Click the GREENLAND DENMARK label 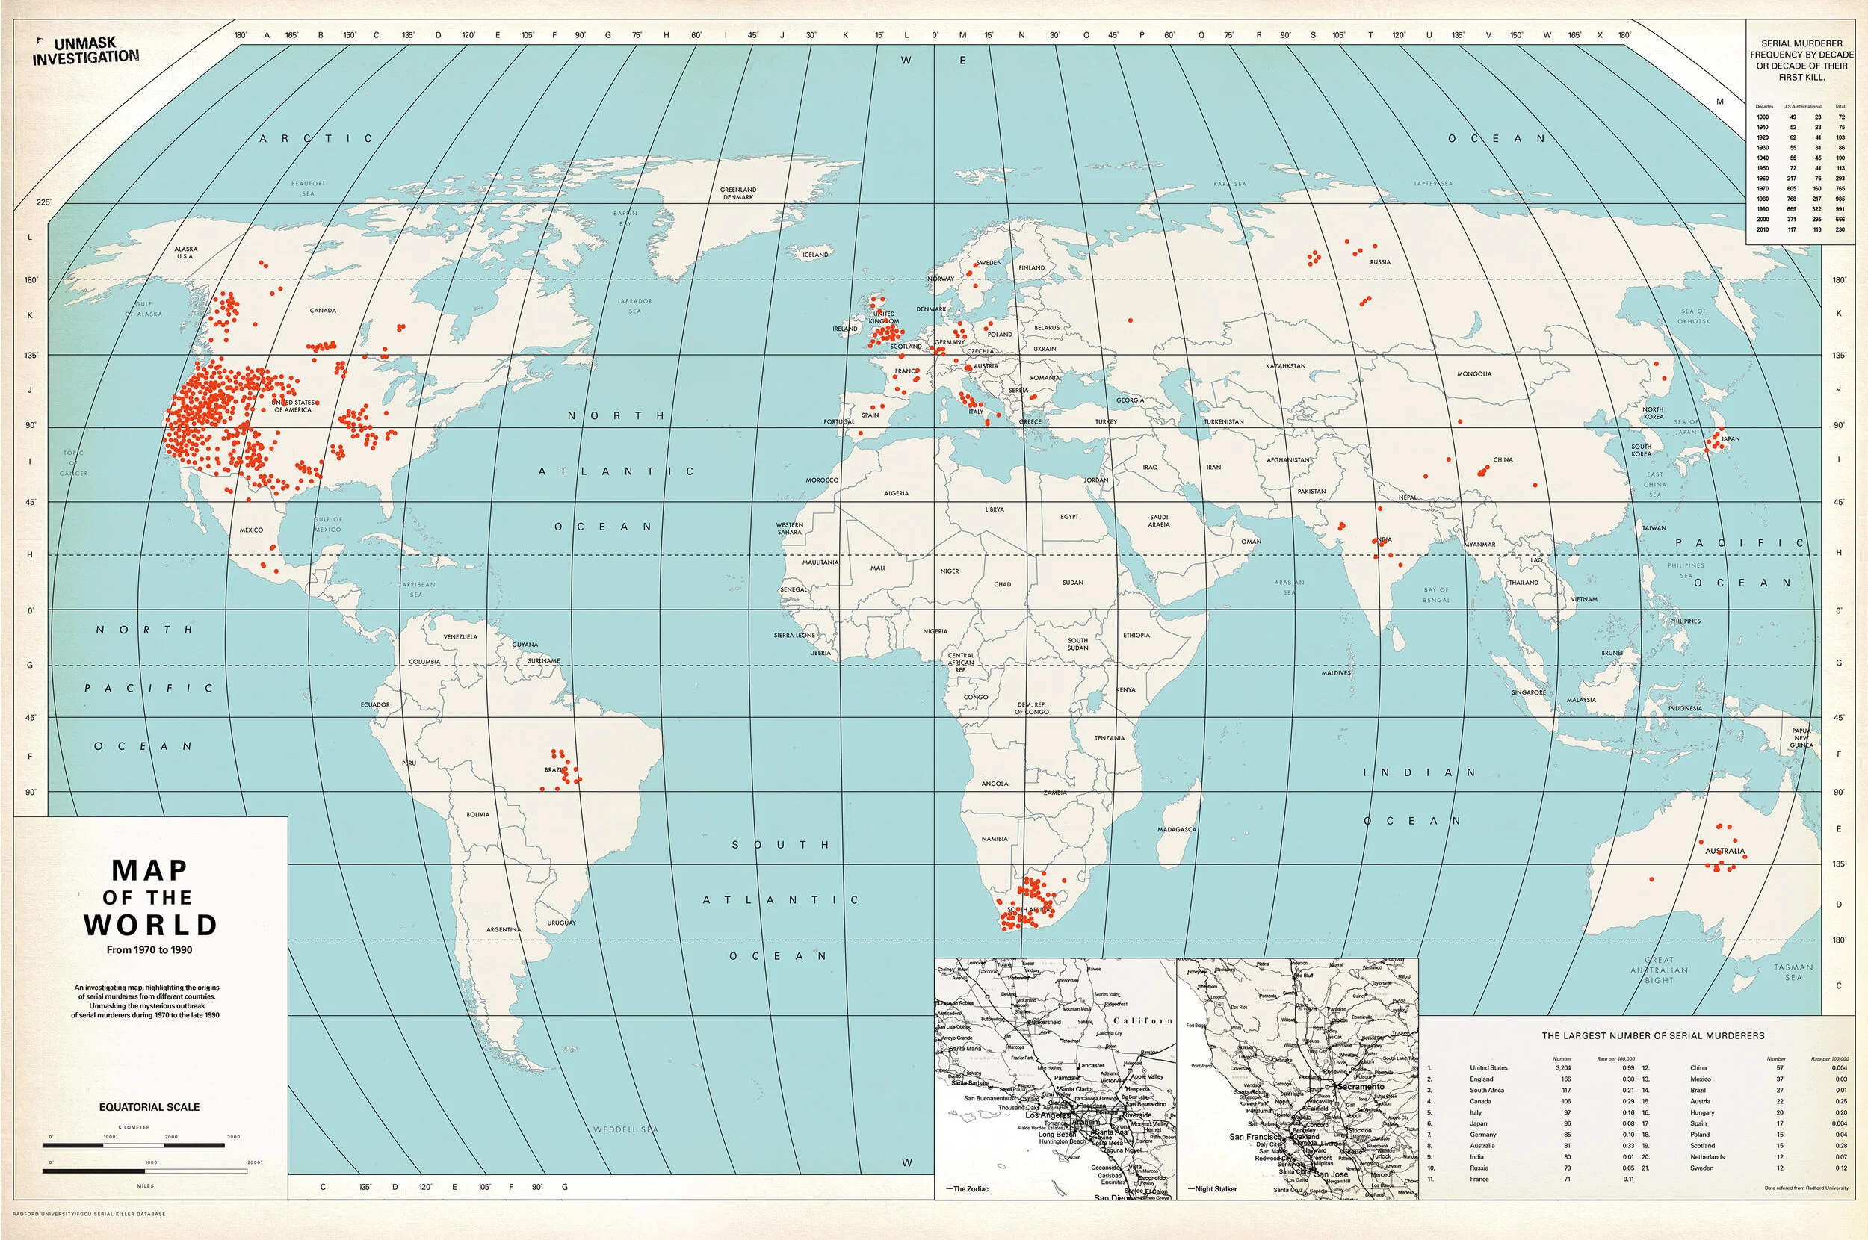coord(738,193)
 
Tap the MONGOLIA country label coord(1474,374)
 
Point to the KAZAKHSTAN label coord(1285,366)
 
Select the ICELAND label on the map coord(815,255)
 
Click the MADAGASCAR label coord(1177,830)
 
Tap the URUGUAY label coord(561,923)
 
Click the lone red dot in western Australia coord(1651,879)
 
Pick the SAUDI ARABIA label coord(1159,521)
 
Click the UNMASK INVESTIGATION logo coord(84,52)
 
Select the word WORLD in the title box coord(150,926)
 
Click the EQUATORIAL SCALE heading coord(149,1107)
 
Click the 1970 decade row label coord(1763,189)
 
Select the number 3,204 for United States coord(1562,1067)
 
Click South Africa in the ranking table coord(1487,1090)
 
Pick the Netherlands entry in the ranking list coord(1707,1156)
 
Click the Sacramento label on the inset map coord(1360,1087)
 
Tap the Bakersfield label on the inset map coord(1045,1022)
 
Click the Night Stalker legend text coord(1216,1188)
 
